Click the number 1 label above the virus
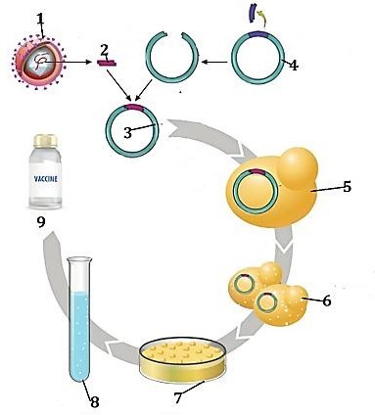click(39, 17)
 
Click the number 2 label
click(104, 48)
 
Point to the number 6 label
click(325, 300)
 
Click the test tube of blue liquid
click(79, 312)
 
